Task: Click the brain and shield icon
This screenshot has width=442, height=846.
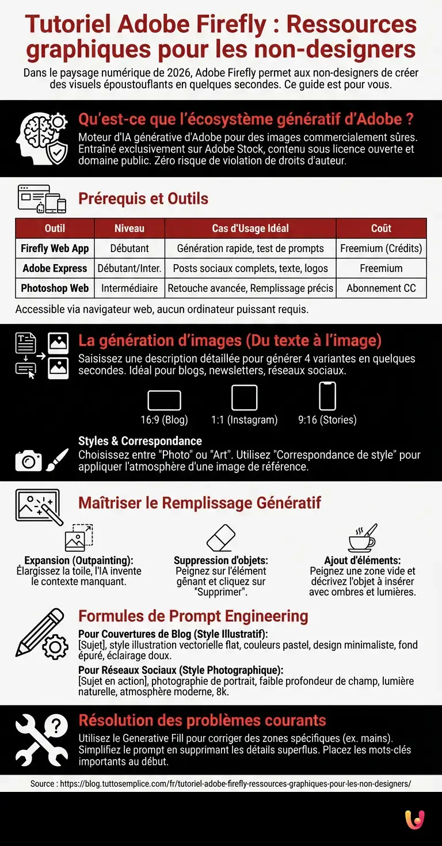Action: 42,138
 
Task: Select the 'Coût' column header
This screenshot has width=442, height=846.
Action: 381,228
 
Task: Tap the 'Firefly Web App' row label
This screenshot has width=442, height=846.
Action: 55,249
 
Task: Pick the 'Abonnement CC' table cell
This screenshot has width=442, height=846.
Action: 381,288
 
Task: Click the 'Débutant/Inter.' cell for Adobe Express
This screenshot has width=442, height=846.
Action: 129,268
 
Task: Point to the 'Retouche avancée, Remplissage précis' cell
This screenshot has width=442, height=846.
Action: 250,288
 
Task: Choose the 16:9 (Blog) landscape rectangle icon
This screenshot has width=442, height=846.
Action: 165,400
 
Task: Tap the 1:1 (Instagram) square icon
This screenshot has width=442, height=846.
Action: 244,398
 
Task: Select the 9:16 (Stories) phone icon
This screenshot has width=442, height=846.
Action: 327,396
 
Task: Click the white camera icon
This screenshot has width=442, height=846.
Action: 28,461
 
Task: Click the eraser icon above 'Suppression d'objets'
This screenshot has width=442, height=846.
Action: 221,538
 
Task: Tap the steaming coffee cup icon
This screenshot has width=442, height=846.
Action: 363,538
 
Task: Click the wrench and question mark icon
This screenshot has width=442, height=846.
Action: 42,740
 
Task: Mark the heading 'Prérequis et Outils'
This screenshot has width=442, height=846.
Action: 143,199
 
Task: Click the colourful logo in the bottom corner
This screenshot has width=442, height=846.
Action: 414,820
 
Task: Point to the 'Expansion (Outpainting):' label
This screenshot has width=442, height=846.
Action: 79,561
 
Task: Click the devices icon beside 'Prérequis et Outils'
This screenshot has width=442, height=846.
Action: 42,199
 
